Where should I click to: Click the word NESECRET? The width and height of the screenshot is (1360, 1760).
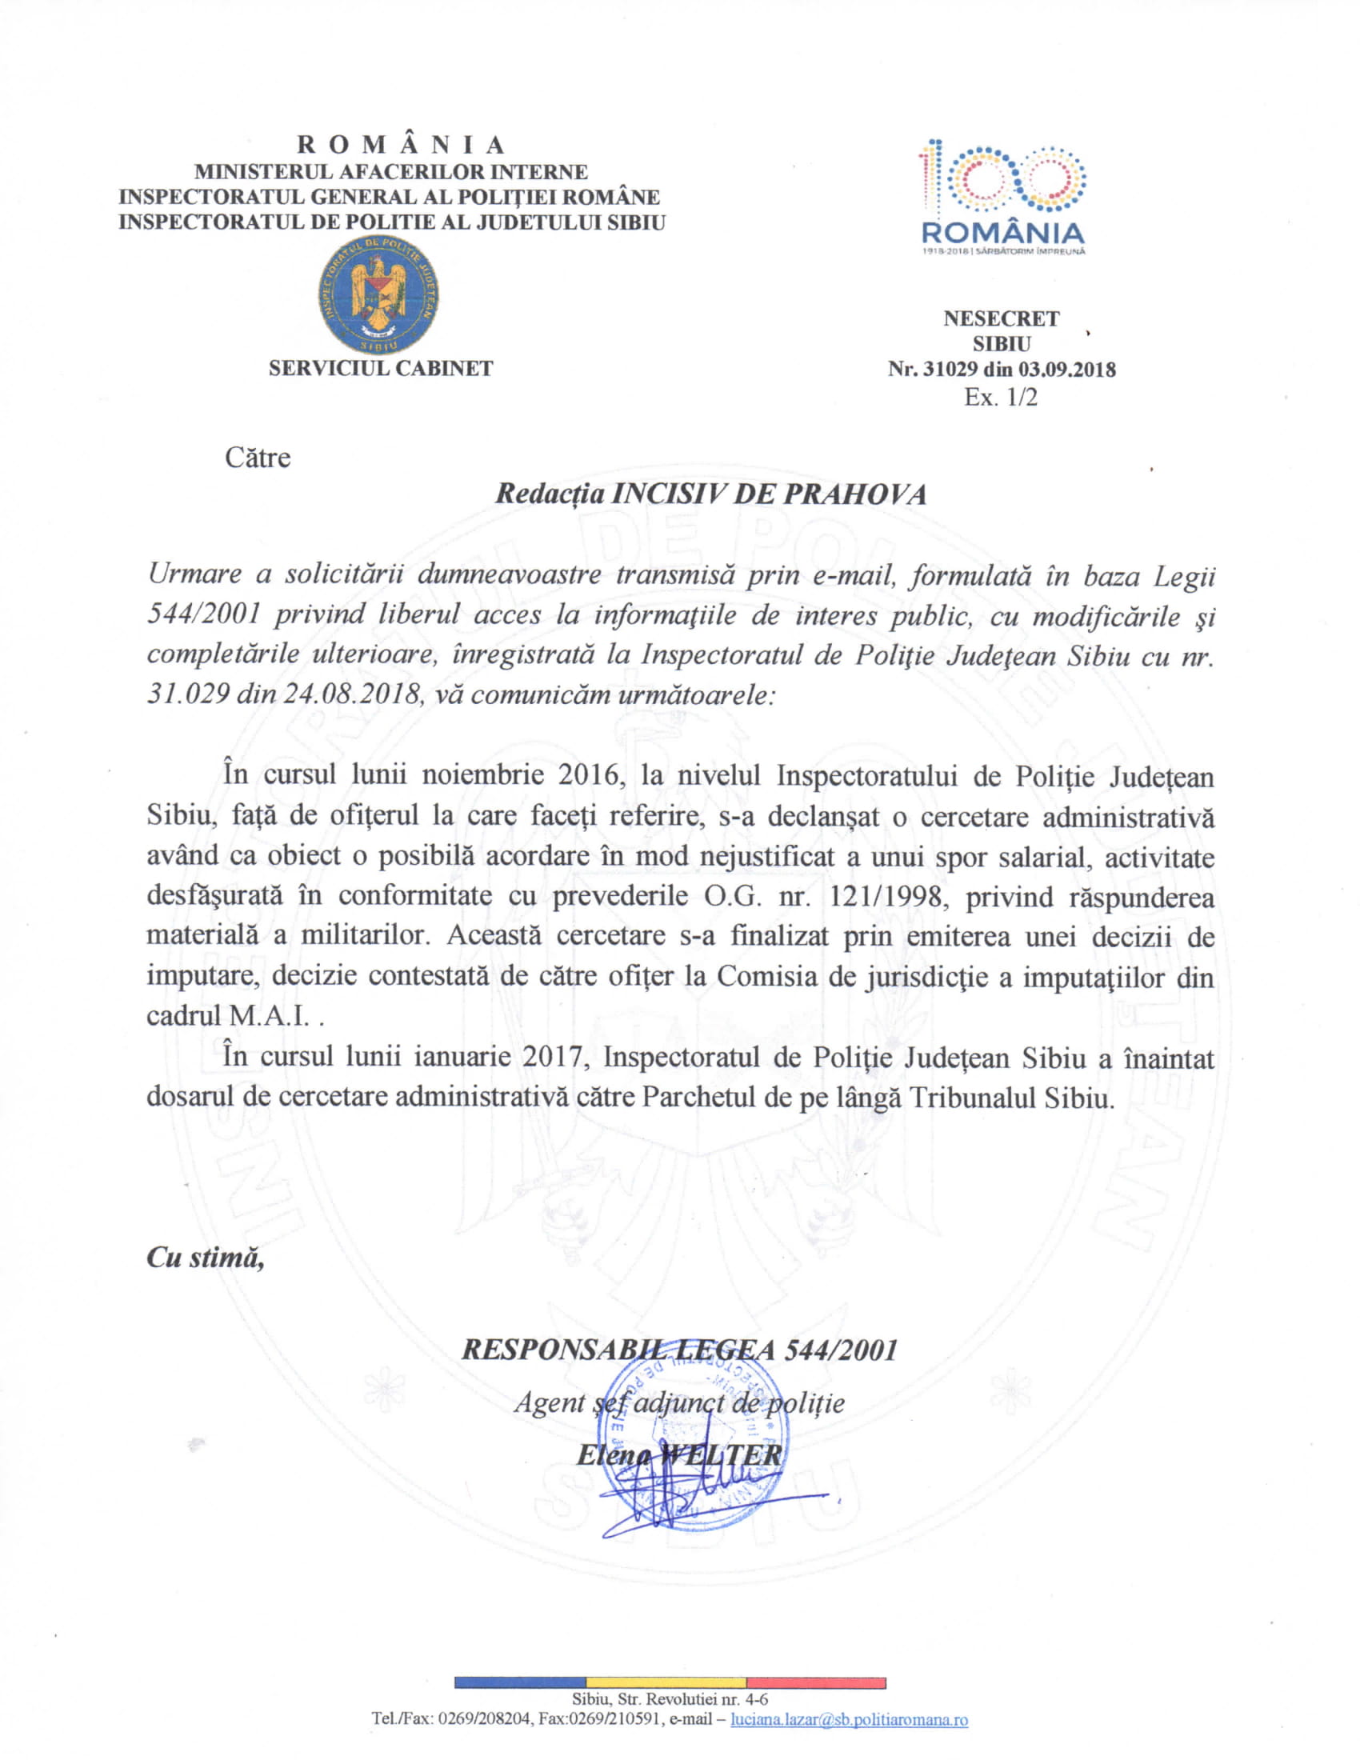(x=1001, y=319)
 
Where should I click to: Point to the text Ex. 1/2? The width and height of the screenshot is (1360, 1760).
(x=1001, y=397)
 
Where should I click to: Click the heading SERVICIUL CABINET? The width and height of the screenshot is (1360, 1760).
(x=380, y=369)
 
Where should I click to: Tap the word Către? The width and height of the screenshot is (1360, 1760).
(x=257, y=458)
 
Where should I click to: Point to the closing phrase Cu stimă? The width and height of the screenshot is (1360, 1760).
(x=206, y=1258)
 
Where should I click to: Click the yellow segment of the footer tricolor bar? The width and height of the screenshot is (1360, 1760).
(x=666, y=1683)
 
